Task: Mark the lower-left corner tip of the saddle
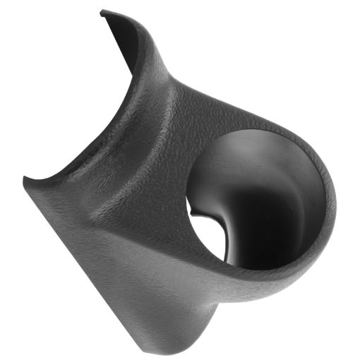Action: pos(26,179)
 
